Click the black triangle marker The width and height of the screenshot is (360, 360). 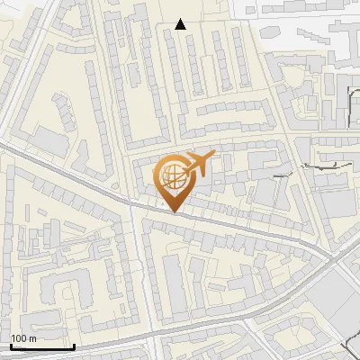(181, 25)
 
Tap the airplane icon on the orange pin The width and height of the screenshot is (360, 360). (198, 165)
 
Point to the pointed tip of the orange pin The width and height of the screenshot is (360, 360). (175, 211)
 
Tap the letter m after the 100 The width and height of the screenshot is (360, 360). (32, 338)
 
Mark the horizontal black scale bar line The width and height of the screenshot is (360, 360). (41, 346)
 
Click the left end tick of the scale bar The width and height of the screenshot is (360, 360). (11, 345)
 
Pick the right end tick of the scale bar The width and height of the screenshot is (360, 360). (73, 345)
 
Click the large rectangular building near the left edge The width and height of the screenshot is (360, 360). (49, 140)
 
